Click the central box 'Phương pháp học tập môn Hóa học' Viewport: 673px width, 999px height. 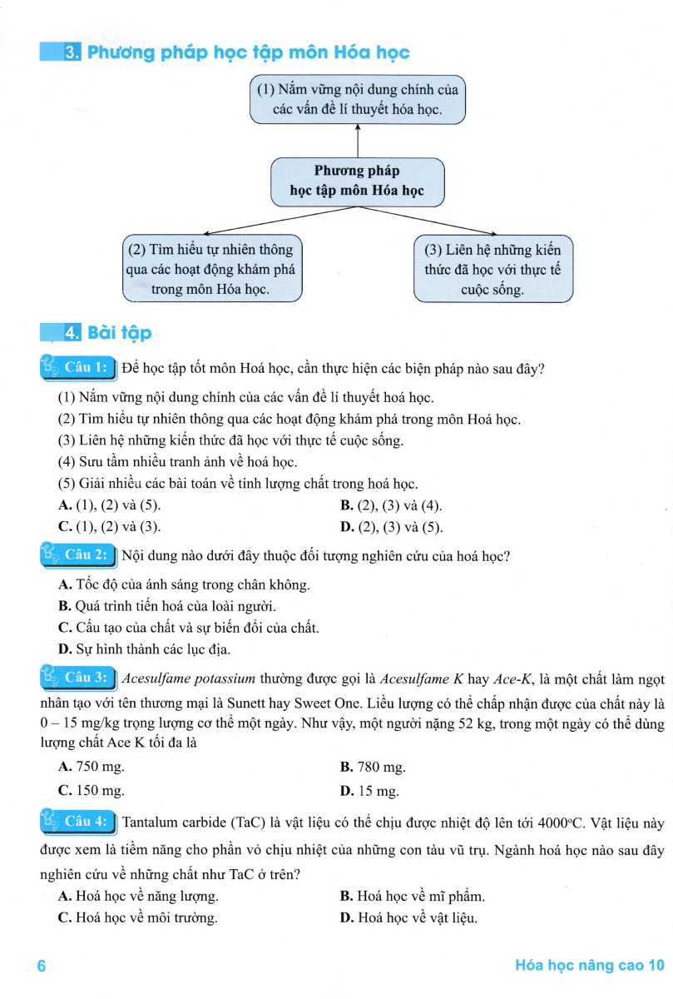coord(357,181)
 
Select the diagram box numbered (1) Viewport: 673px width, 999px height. coord(357,99)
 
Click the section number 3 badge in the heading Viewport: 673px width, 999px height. coord(72,53)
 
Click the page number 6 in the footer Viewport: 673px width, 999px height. coord(40,966)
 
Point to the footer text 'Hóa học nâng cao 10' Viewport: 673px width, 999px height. coord(590,966)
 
